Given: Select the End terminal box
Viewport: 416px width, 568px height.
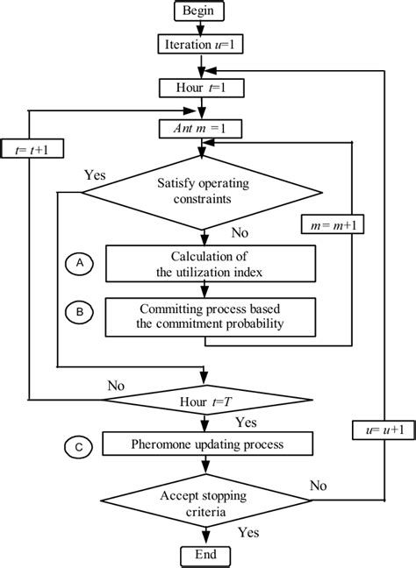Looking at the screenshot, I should tap(204, 556).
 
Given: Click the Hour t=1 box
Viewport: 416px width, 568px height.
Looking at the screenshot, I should tap(204, 88).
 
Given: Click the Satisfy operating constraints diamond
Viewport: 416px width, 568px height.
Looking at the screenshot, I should tap(204, 193).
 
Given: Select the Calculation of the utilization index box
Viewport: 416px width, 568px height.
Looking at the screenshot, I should tap(209, 262).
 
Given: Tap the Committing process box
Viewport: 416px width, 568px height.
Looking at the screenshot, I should tap(209, 316).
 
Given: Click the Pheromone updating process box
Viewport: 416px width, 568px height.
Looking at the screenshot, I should tap(209, 444).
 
